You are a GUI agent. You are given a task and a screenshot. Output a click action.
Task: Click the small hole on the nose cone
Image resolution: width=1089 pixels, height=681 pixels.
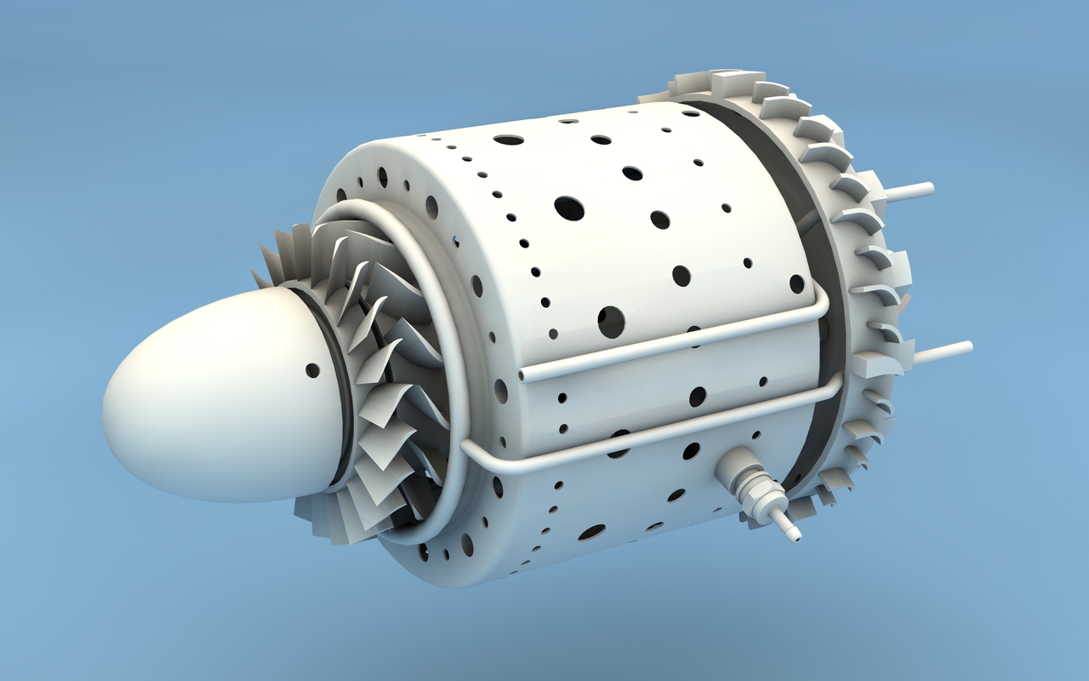(x=312, y=370)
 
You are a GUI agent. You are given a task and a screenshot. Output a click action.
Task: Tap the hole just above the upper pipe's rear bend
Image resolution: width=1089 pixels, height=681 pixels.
(x=796, y=283)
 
